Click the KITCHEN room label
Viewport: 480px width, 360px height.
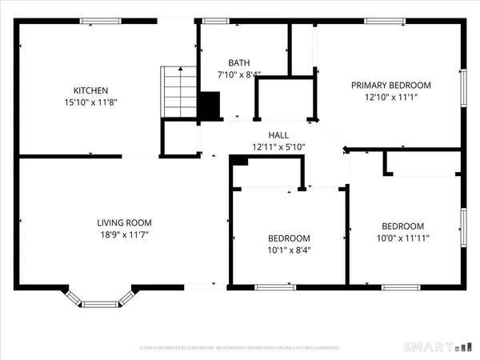tap(90, 90)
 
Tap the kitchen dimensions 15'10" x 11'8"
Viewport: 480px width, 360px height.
tap(90, 102)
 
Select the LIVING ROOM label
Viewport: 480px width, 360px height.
tap(124, 222)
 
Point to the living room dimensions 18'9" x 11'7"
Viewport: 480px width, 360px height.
tap(124, 234)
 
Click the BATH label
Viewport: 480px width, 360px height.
tap(238, 62)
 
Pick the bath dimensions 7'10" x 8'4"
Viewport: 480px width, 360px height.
tap(238, 74)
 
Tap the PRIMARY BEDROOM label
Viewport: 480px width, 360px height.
tap(391, 86)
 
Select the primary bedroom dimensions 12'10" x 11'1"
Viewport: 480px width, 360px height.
tap(391, 98)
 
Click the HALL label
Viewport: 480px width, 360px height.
tap(278, 135)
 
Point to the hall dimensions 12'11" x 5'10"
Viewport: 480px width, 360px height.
tap(278, 147)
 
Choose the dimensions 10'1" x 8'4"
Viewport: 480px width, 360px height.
tap(289, 250)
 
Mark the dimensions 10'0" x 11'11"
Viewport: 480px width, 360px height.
tap(402, 238)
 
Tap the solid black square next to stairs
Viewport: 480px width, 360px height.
tap(209, 106)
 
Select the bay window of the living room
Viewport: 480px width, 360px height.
tap(99, 302)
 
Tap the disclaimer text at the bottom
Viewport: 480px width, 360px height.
tap(240, 348)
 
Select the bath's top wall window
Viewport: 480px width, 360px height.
tap(215, 21)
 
